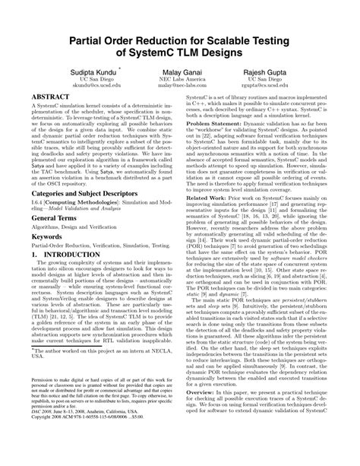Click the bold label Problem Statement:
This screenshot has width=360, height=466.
click(x=217, y=122)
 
